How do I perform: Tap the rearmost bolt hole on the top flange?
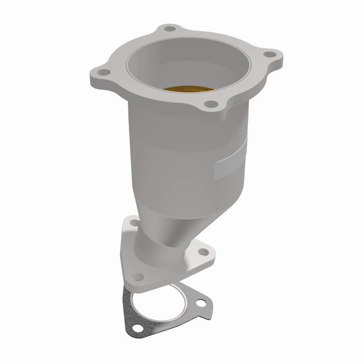point(170,29)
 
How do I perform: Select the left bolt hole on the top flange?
point(103,71)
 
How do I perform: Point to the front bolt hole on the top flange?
point(210,105)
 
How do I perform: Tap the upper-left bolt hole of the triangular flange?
point(133,222)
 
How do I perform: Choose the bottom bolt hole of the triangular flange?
point(137,276)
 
